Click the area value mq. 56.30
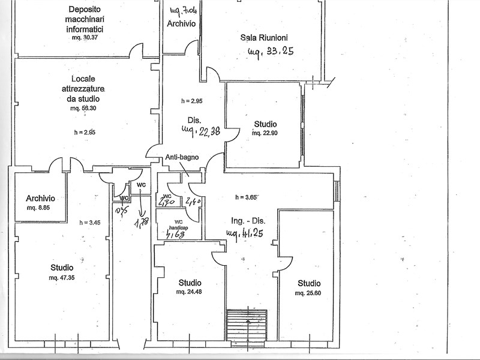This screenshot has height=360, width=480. point(85,109)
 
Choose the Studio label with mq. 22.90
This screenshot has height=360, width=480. point(265,124)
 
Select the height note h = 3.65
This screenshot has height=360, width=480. point(246,197)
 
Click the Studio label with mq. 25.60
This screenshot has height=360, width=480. point(309,283)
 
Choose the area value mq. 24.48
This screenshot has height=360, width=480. point(190,292)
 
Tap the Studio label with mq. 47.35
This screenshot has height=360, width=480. point(62,268)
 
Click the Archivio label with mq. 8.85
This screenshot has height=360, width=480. point(40,199)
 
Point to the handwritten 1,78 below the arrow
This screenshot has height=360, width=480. point(142,223)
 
